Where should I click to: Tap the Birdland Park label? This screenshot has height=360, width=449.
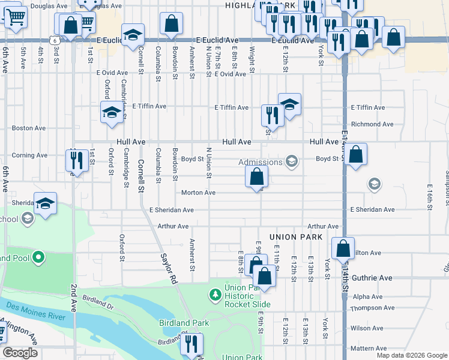click(184, 323)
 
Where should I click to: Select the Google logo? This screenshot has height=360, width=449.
click(20, 353)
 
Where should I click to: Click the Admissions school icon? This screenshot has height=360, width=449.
click(292, 161)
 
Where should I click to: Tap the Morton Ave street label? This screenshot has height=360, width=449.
click(198, 193)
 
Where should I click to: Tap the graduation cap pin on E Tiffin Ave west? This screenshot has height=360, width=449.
click(111, 112)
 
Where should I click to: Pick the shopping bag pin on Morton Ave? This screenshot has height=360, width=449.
click(256, 177)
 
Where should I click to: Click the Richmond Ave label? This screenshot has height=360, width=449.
click(372, 124)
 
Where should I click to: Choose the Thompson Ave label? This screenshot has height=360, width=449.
click(372, 308)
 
